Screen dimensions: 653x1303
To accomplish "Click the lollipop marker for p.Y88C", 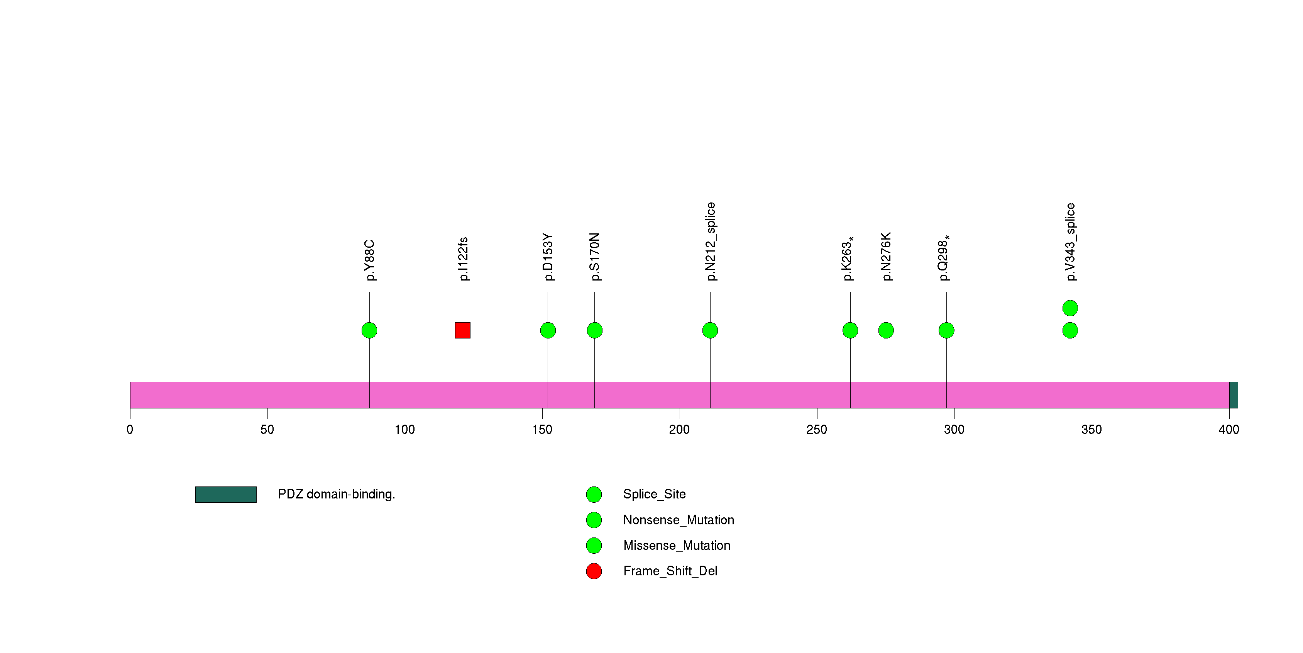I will point(369,330).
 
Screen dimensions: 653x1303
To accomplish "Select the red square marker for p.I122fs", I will point(462,330).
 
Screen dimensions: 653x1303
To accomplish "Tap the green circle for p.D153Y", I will point(548,330).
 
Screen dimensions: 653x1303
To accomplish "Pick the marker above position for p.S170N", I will point(594,330).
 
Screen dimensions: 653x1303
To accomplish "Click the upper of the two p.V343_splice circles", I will point(1070,308).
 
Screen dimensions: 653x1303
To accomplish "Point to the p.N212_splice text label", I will point(711,241).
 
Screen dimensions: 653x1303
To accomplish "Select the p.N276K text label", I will point(886,256).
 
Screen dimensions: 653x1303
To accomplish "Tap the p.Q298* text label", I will point(944,257).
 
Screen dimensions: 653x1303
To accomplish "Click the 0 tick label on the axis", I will point(130,430).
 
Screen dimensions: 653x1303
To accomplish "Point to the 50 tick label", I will point(267,430).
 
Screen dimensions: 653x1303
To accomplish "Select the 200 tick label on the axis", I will point(679,430).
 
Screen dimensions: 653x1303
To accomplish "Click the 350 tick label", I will point(1091,430).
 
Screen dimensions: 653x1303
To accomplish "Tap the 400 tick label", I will point(1228,430).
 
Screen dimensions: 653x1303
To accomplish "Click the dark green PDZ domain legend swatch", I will point(226,495).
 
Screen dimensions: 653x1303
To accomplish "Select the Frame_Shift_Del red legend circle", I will point(594,571).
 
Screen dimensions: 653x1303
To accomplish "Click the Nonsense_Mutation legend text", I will point(678,520).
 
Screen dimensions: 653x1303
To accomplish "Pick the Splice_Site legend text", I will point(654,494).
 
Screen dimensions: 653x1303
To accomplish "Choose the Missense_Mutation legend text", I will point(676,545).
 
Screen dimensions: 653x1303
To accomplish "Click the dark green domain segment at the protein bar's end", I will point(1233,395).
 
